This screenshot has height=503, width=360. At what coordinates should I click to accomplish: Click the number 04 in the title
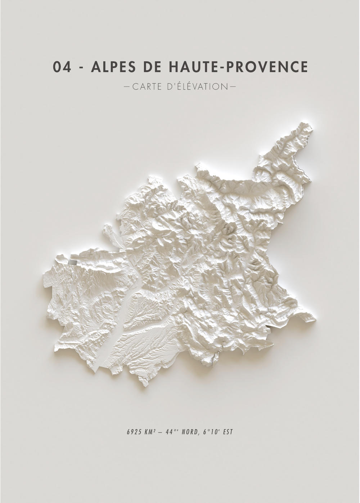coord(62,67)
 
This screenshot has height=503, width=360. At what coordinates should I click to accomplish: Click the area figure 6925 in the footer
coord(133,432)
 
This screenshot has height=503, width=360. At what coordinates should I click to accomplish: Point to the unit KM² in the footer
coord(149,432)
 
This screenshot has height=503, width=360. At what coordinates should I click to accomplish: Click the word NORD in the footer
coord(189,432)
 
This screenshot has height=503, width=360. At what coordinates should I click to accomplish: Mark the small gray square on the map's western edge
coord(73,263)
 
